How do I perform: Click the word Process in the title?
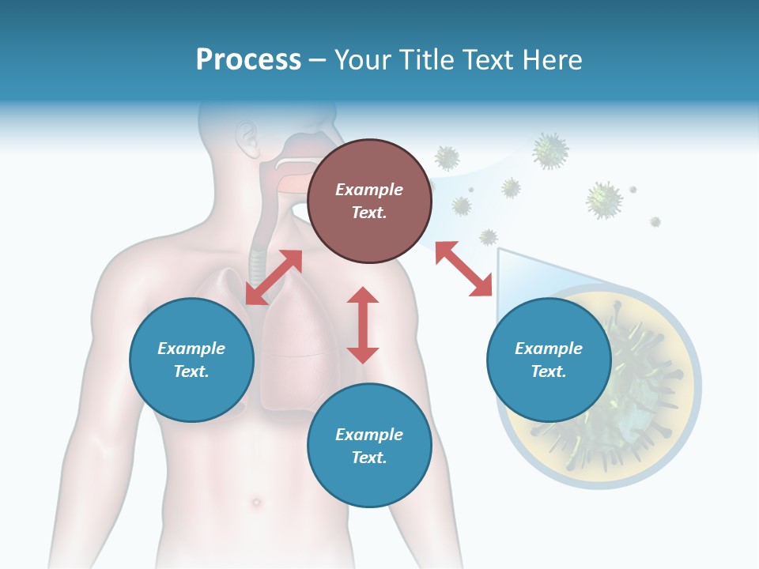click(248, 60)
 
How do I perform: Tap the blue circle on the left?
click(191, 360)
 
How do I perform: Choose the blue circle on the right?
click(549, 360)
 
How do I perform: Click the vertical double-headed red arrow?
click(363, 325)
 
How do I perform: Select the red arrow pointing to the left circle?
click(274, 277)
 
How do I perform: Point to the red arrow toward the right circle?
click(463, 269)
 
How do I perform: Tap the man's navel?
click(255, 502)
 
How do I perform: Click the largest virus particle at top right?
click(550, 150)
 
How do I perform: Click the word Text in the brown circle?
click(368, 213)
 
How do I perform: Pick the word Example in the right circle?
click(549, 349)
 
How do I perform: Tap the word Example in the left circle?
click(191, 349)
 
